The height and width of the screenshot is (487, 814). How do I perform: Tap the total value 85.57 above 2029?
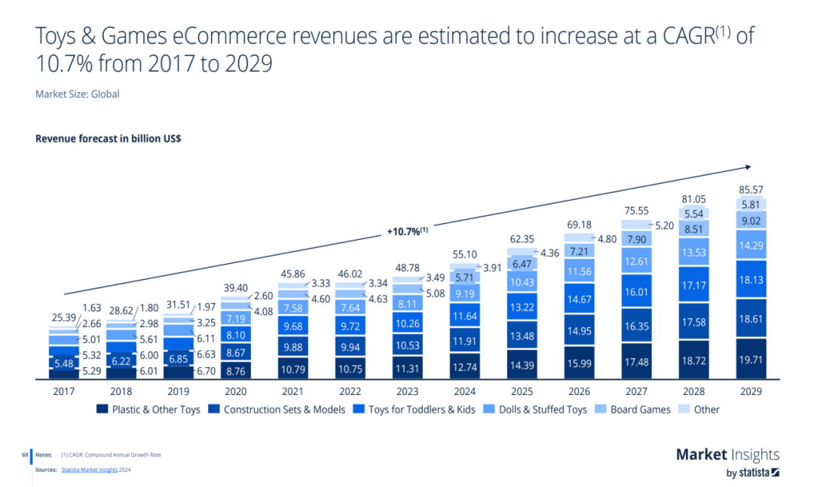[751, 188]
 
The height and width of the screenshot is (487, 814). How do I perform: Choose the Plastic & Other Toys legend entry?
[148, 409]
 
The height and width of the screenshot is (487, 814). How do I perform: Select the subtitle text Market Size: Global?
[78, 94]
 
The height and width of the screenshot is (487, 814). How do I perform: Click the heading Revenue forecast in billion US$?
[108, 139]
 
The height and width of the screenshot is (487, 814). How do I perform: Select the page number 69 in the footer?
[25, 455]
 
